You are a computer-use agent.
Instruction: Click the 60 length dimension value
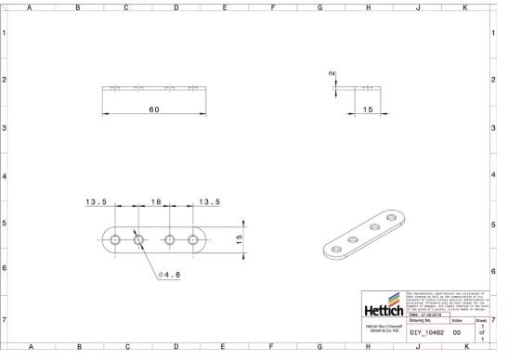(153, 109)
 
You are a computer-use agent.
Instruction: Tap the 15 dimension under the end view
(368, 109)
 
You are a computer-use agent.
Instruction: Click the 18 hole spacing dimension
(156, 202)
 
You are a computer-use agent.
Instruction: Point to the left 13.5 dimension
(98, 202)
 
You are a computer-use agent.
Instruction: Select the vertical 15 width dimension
(239, 239)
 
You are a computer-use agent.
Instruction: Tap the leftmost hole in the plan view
(114, 239)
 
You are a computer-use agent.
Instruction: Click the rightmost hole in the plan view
(193, 239)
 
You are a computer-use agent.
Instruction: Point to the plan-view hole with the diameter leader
(137, 239)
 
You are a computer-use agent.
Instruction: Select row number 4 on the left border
(6, 175)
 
